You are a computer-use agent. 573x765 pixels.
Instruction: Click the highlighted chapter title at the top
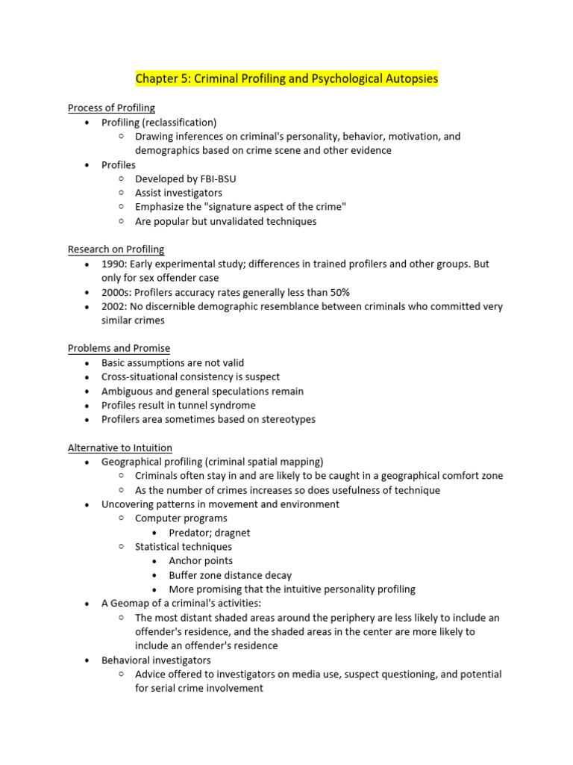[286, 78]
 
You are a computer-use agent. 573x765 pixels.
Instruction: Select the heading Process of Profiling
[111, 108]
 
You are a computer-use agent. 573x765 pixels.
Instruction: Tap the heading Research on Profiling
[116, 250]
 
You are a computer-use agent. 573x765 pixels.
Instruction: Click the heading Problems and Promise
[119, 348]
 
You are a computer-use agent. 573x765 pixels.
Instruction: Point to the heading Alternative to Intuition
[119, 447]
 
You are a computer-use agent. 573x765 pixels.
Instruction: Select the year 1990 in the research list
[113, 264]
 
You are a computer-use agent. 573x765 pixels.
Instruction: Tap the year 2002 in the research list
[113, 306]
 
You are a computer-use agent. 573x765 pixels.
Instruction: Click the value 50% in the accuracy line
[337, 292]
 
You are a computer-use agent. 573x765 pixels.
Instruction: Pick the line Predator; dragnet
[210, 533]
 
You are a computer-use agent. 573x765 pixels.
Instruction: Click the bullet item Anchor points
[201, 561]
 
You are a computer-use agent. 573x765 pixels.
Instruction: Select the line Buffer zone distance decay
[230, 575]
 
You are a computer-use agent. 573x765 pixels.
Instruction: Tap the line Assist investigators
[178, 193]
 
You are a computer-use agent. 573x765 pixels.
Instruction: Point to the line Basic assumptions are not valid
[172, 363]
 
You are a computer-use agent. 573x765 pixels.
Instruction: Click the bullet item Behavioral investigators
[156, 660]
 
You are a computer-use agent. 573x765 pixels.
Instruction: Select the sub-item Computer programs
[181, 518]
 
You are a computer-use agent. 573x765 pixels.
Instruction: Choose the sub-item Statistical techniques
[184, 547]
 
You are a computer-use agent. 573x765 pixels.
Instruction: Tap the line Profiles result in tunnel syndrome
[178, 406]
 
